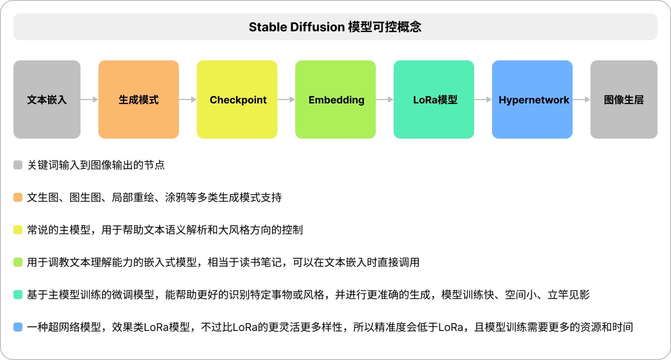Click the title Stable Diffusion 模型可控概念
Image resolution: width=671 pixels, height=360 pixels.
pyautogui.click(x=335, y=27)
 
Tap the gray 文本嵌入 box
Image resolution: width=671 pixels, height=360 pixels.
pyautogui.click(x=47, y=100)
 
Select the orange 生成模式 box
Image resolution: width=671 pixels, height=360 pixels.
pyautogui.click(x=139, y=100)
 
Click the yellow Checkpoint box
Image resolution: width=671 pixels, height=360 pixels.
pyautogui.click(x=237, y=100)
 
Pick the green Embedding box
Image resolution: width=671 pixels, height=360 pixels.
pyautogui.click(x=335, y=100)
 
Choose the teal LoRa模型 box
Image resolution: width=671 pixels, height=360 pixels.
pyautogui.click(x=434, y=100)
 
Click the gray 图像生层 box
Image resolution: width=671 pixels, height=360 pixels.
pyautogui.click(x=624, y=100)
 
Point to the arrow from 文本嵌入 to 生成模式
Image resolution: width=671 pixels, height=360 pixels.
pyautogui.click(x=89, y=100)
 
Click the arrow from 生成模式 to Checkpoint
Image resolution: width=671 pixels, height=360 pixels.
pyautogui.click(x=188, y=100)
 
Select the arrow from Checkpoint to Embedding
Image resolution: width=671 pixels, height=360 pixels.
pyautogui.click(x=286, y=100)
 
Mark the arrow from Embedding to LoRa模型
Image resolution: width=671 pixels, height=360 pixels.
pyautogui.click(x=385, y=100)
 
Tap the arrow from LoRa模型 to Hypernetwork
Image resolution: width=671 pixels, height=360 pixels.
pyautogui.click(x=483, y=100)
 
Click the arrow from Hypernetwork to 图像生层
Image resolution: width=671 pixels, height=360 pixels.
pyautogui.click(x=582, y=100)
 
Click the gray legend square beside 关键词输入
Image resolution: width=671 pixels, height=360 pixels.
pyautogui.click(x=18, y=165)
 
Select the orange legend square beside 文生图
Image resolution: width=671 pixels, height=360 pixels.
pyautogui.click(x=18, y=197)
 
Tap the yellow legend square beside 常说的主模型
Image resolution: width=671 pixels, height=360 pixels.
pyautogui.click(x=18, y=230)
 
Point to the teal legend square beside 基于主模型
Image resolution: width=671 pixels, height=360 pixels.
pyautogui.click(x=18, y=295)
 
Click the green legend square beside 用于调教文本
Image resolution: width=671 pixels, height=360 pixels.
pyautogui.click(x=18, y=262)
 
